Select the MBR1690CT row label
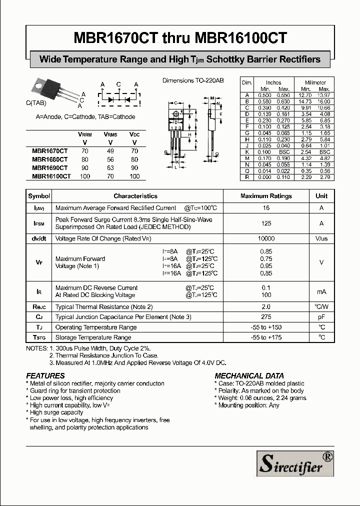coord(49,168)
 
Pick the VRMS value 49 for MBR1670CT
coord(110,150)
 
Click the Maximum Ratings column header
coord(266,196)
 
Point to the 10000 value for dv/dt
coord(266,239)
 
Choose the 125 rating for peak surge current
coord(266,223)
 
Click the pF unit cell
coord(321,317)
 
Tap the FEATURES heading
coord(45,375)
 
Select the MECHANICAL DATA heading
coord(249,375)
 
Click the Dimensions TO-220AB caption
coord(193,80)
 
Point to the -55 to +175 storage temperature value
coord(266,337)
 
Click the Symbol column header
coord(39,196)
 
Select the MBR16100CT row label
coord(51,176)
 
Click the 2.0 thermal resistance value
coord(266,306)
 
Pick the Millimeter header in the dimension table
coord(315,82)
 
